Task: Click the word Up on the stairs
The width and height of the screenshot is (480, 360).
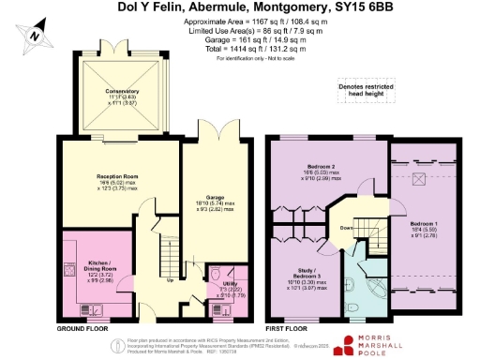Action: click(170, 279)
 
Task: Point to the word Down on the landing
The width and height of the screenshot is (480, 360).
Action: click(345, 228)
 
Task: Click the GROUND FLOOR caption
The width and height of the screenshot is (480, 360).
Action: click(80, 329)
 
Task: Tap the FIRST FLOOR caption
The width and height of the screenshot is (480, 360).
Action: click(286, 329)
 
